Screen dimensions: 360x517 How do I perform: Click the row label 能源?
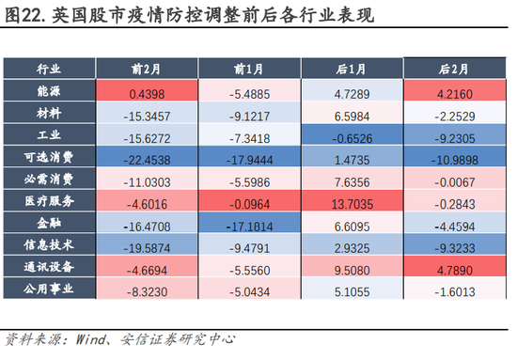click(49, 92)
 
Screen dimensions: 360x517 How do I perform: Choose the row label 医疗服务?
click(49, 200)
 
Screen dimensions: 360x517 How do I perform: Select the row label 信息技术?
click(49, 243)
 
